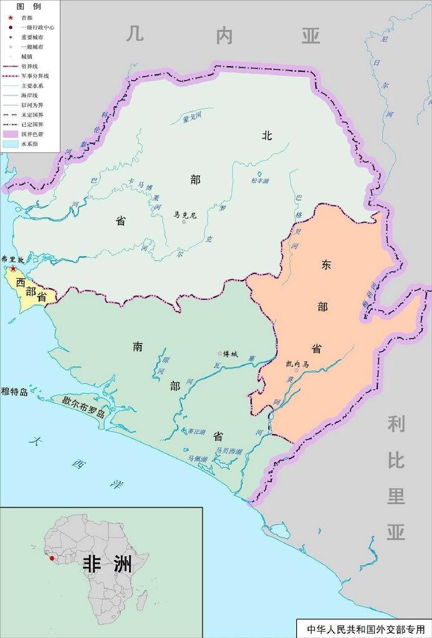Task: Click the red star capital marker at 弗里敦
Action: click(12, 269)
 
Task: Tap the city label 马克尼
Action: click(185, 215)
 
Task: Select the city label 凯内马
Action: click(297, 364)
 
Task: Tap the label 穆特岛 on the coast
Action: click(15, 392)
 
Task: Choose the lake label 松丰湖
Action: click(259, 181)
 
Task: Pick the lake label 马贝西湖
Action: click(228, 451)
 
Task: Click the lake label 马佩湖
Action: click(198, 459)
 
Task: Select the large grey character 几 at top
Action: click(135, 33)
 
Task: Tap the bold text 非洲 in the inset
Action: click(108, 564)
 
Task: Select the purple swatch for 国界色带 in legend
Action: click(10, 134)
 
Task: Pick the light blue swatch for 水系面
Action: click(10, 144)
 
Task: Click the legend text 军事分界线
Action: click(35, 75)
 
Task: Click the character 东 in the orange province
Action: click(326, 264)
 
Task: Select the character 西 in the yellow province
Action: click(21, 283)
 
